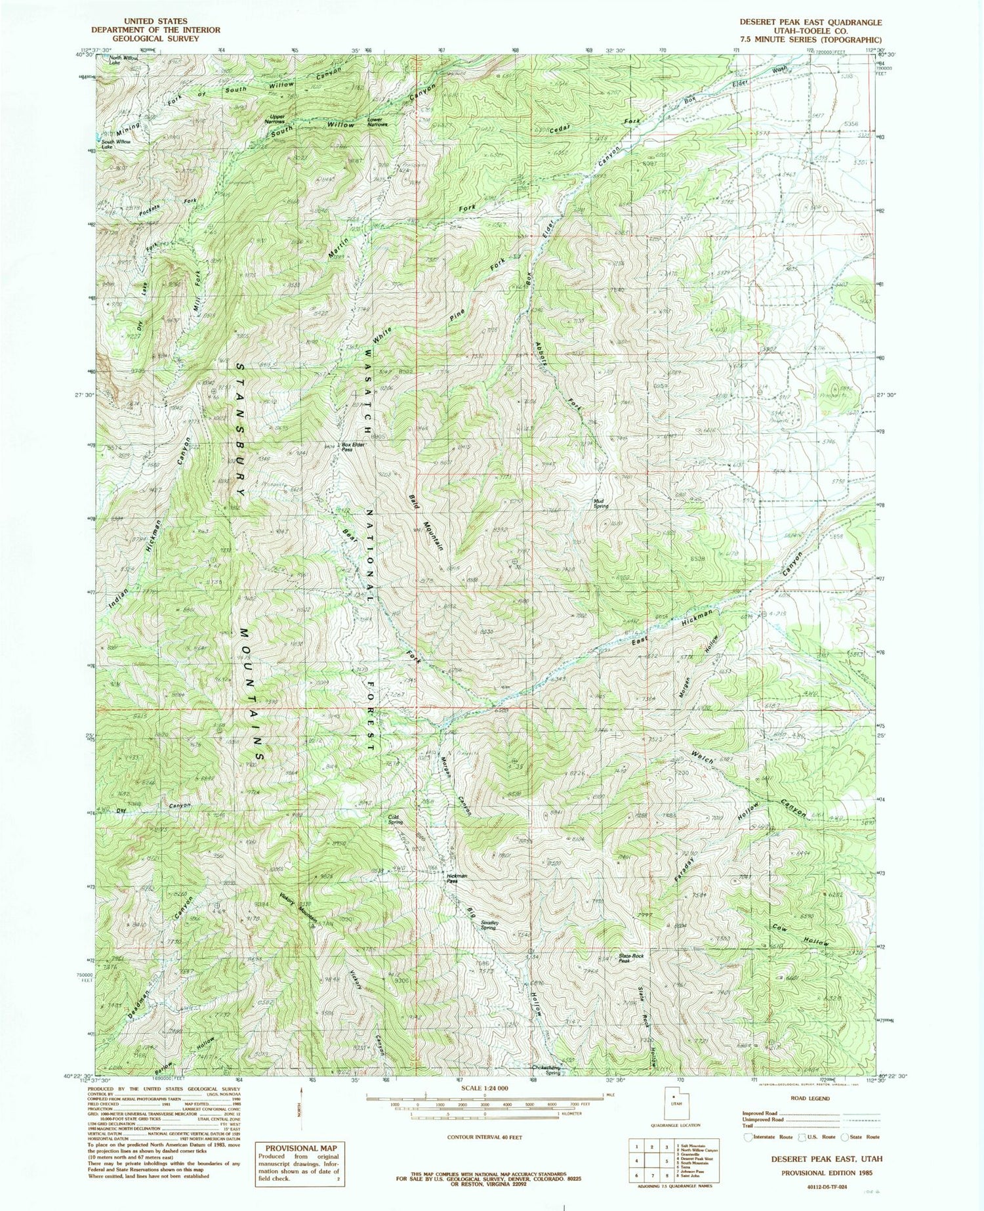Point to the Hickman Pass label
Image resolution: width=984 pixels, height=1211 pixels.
click(x=457, y=878)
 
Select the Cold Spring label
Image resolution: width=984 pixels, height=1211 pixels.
click(x=395, y=820)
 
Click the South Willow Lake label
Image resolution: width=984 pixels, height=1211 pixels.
click(x=116, y=144)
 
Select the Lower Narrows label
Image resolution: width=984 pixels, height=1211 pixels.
click(x=377, y=121)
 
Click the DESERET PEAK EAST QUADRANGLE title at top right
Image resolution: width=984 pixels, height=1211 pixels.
click(x=810, y=22)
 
